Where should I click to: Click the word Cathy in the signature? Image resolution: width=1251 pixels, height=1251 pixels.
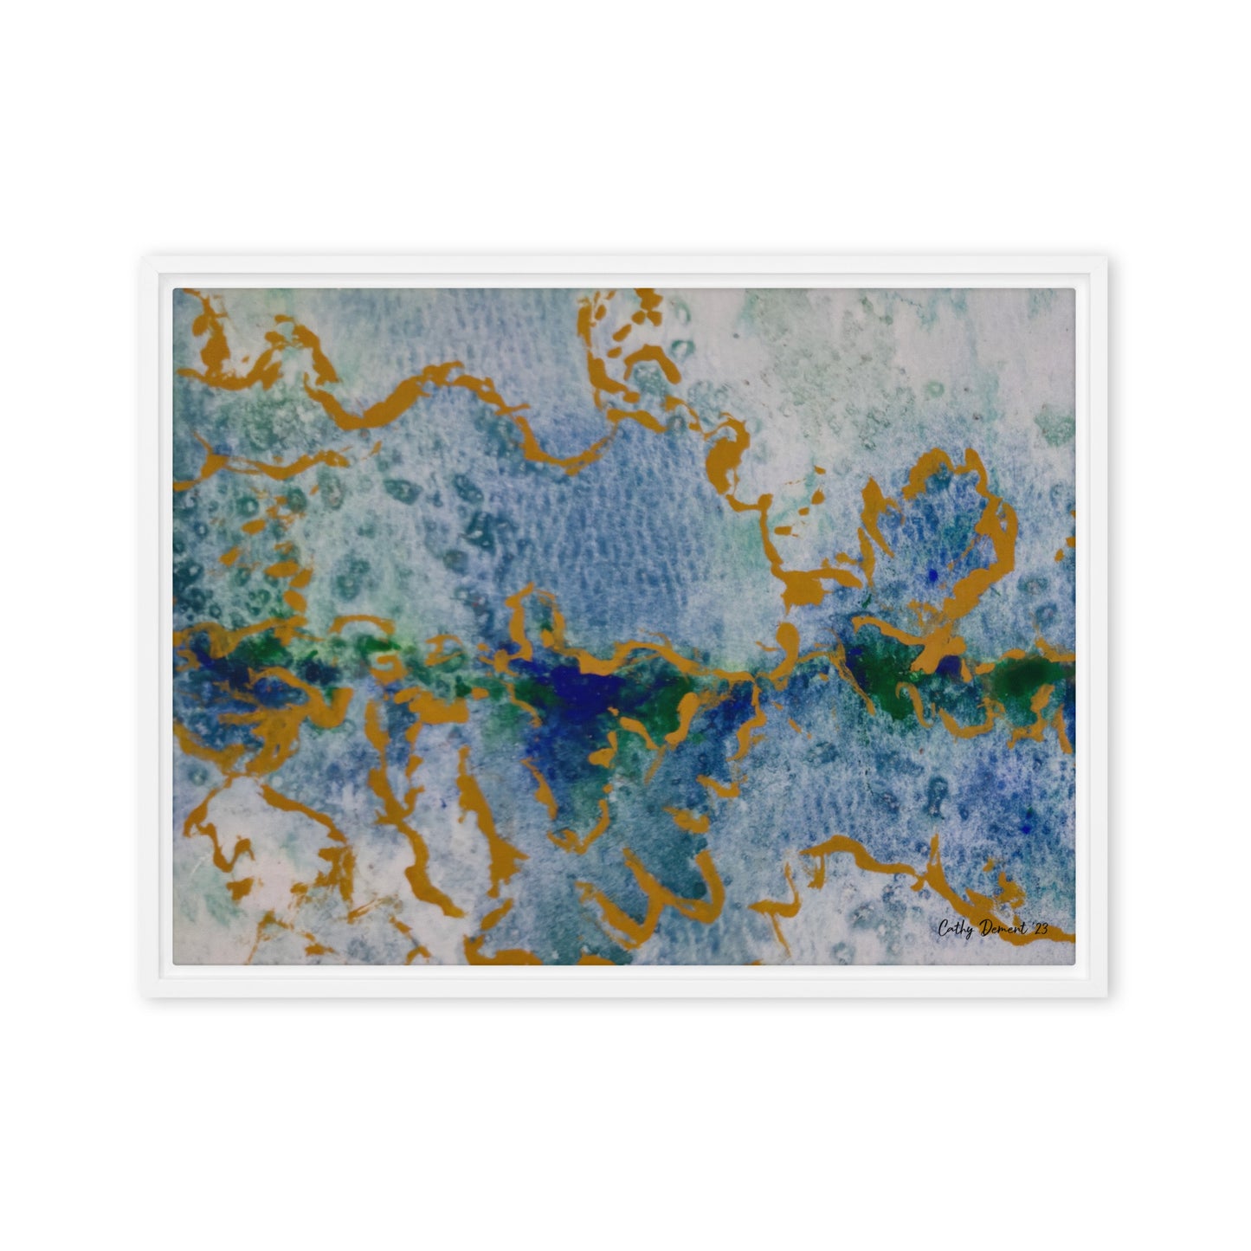[955, 928]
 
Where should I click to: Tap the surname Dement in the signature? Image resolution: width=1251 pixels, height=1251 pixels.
[1002, 928]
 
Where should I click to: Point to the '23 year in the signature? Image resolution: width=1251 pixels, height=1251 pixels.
[1039, 928]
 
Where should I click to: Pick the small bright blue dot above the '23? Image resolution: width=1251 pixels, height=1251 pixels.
[1028, 829]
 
